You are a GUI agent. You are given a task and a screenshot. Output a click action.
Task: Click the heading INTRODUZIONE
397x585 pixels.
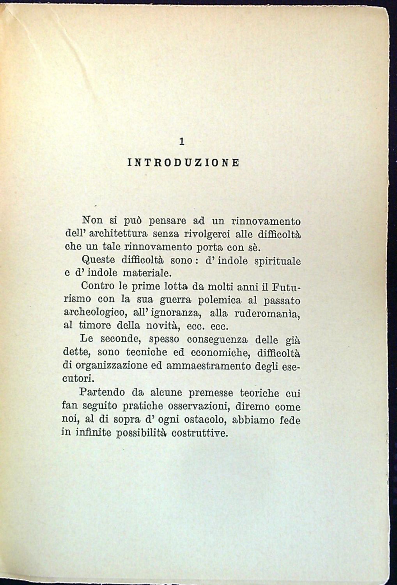[183, 163]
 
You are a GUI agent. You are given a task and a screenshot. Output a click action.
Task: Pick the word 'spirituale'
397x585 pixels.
[277, 261]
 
